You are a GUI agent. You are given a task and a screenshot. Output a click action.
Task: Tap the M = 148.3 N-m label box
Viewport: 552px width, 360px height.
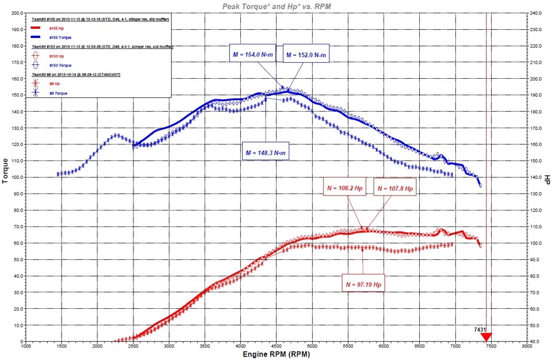pos(264,154)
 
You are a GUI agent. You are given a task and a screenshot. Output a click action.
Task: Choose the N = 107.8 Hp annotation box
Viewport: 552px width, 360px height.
pos(394,188)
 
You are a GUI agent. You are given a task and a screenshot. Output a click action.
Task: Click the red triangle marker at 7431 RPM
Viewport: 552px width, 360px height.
pos(486,336)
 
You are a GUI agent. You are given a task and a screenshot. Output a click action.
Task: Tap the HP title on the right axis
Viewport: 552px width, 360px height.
pos(547,178)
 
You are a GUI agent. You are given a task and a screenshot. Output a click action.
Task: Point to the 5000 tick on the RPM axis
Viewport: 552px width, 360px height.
pos(312,346)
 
